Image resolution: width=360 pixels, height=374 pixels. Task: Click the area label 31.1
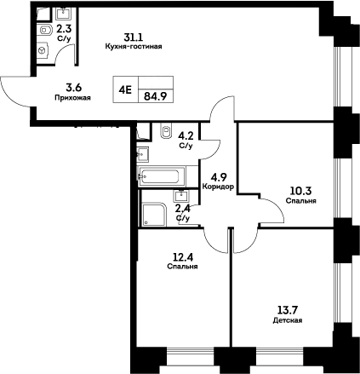click(133, 37)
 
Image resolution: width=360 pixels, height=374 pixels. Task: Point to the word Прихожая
click(73, 98)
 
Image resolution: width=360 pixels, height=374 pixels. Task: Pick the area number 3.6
click(74, 87)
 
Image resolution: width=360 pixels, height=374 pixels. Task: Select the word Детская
click(288, 320)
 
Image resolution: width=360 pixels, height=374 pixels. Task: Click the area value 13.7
click(288, 310)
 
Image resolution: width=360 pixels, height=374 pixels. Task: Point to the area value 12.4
click(183, 256)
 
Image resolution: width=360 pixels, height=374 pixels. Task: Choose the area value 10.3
click(302, 192)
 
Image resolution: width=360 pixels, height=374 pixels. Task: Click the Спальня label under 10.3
click(302, 202)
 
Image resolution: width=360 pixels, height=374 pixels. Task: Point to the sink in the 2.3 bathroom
click(65, 14)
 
